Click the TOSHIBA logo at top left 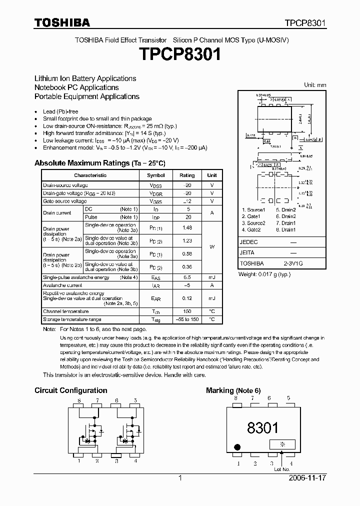62,22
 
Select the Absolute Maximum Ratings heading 99,163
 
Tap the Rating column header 187,175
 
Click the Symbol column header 155,175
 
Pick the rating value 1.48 187,227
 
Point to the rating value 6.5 187,277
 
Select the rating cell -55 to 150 187,319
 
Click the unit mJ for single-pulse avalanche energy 212,277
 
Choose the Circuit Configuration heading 70,390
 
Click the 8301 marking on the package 262,427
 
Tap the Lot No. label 282,469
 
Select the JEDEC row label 249,241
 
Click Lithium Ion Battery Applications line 85,78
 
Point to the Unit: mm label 315,85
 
